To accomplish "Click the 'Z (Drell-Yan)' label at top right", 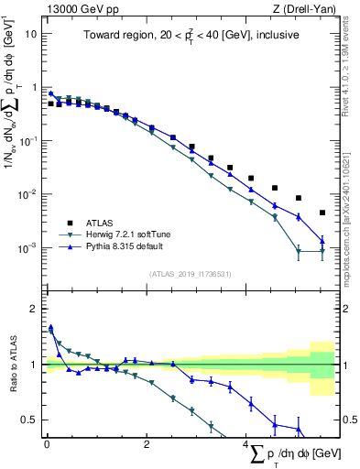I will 306,8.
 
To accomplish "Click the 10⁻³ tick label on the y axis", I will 27,248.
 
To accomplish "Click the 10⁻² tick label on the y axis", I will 27,194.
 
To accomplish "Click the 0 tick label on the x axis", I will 47,445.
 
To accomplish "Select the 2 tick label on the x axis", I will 147,445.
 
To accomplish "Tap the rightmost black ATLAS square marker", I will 322,213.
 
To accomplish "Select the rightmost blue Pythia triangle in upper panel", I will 322,241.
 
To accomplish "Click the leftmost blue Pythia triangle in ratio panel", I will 50,327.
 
